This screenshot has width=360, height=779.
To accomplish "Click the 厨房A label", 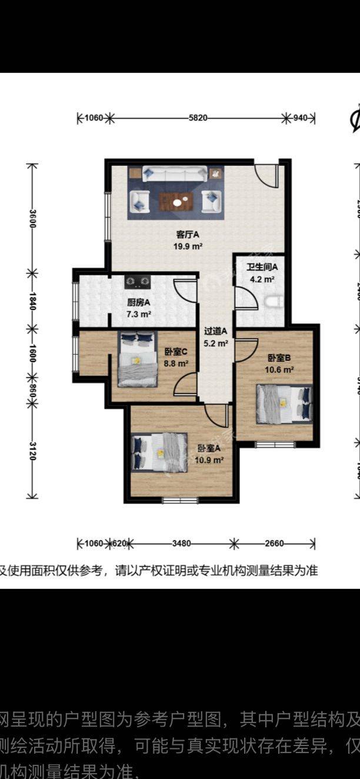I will (x=139, y=302).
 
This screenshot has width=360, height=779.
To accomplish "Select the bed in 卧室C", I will (x=137, y=359).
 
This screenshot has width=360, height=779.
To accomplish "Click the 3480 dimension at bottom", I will (x=182, y=543).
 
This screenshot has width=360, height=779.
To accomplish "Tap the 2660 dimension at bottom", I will (x=275, y=543).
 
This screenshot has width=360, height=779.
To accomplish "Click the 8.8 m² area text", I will (x=176, y=364).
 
